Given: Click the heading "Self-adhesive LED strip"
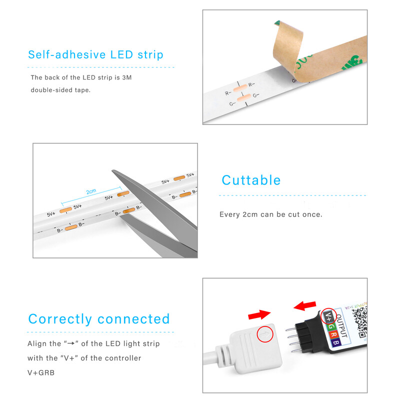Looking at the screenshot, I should click(x=95, y=54).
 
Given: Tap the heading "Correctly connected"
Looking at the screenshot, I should click(x=99, y=319).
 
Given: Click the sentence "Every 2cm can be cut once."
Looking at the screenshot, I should click(x=271, y=214).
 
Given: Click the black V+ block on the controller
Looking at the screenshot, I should click(x=328, y=316).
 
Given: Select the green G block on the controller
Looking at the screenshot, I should click(x=331, y=326).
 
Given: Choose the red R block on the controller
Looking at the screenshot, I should click(x=333, y=334).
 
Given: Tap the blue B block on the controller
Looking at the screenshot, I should click(x=336, y=343).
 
